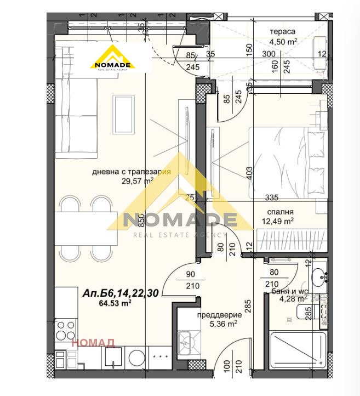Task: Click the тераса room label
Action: (282, 31)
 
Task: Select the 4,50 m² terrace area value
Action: (282, 41)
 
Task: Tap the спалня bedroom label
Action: (280, 212)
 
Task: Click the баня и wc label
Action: (289, 292)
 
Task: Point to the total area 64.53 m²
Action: (115, 303)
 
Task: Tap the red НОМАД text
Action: (93, 343)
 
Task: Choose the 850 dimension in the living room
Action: (141, 220)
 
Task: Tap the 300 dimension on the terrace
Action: (268, 54)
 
